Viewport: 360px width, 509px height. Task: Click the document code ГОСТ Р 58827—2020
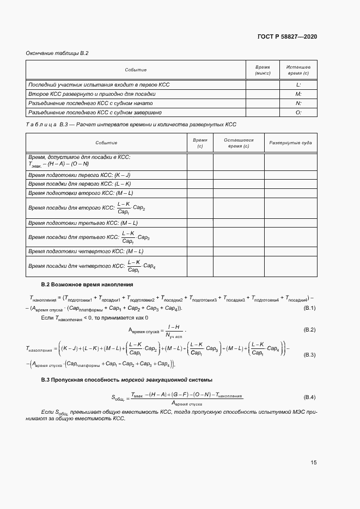pos(286,36)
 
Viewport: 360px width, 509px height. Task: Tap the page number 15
pos(314,462)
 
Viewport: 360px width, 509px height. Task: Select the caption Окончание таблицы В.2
pos(57,53)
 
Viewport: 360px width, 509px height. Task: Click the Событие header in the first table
pos(136,70)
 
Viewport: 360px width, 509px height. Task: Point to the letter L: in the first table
pos(298,85)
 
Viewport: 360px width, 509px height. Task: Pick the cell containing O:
pos(298,112)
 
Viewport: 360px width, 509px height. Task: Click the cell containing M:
pos(298,94)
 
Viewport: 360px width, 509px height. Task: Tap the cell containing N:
pos(298,103)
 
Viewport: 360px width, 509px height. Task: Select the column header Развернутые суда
pos(291,143)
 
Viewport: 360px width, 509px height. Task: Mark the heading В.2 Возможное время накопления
pos(87,285)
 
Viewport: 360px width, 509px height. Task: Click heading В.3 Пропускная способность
pos(127,379)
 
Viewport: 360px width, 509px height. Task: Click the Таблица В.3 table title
pos(131,125)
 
